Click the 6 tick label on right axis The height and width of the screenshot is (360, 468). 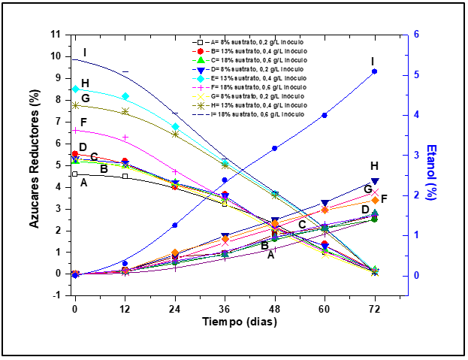(x=415, y=35)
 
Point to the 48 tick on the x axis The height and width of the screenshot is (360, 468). (x=275, y=309)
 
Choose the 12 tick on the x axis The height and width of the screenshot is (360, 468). (x=125, y=309)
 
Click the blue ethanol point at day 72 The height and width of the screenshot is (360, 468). (x=375, y=71)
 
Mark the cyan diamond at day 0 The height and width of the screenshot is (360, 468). (x=75, y=89)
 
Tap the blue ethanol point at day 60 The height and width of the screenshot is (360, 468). (x=325, y=115)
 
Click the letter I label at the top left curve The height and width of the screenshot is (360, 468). (x=86, y=53)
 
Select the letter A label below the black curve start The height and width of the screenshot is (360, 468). (x=83, y=183)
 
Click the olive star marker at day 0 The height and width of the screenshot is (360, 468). (x=75, y=105)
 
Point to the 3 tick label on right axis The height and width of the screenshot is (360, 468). (x=415, y=155)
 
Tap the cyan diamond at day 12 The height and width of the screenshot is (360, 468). (x=125, y=96)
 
